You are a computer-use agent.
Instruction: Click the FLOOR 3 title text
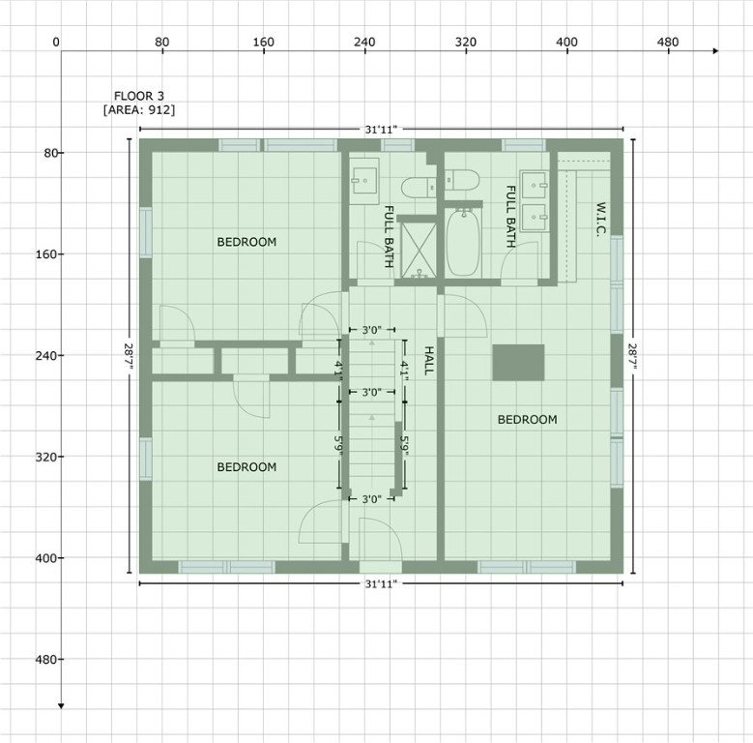pyautogui.click(x=139, y=96)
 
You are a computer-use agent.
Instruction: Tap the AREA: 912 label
pyautogui.click(x=139, y=110)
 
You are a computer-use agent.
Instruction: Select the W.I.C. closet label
pyautogui.click(x=600, y=222)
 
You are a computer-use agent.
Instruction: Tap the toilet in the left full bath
pyautogui.click(x=418, y=186)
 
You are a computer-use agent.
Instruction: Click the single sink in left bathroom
pyautogui.click(x=364, y=179)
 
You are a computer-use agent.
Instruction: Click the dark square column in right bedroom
pyautogui.click(x=518, y=362)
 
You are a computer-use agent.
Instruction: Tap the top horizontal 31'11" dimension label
pyautogui.click(x=381, y=129)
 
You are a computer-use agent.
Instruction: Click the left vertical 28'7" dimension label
pyautogui.click(x=128, y=356)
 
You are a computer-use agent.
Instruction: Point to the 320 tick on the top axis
pyautogui.click(x=466, y=43)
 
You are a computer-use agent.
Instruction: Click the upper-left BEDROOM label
pyautogui.click(x=246, y=242)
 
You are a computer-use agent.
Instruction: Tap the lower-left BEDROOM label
pyautogui.click(x=246, y=467)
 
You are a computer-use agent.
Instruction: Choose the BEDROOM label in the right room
pyautogui.click(x=528, y=420)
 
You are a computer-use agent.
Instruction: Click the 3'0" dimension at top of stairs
pyautogui.click(x=371, y=330)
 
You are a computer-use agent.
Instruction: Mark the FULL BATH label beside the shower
pyautogui.click(x=389, y=237)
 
